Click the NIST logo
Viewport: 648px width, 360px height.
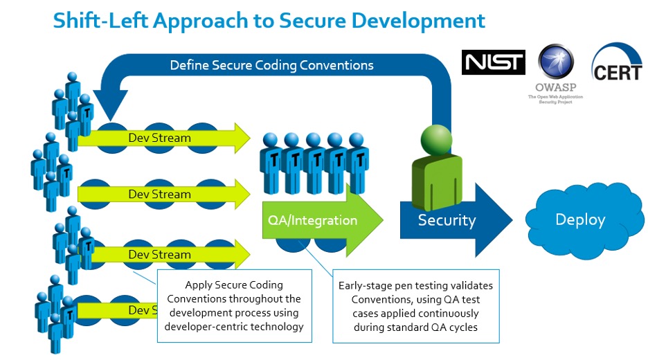click(493, 62)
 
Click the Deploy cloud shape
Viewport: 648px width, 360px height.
click(580, 219)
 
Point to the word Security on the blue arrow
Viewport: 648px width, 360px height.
click(447, 221)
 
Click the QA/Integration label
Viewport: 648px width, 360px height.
click(312, 221)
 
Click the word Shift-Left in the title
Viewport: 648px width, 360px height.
click(100, 20)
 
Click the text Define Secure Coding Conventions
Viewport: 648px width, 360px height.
click(272, 65)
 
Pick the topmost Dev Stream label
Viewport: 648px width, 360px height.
click(159, 137)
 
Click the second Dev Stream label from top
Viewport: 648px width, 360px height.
click(159, 194)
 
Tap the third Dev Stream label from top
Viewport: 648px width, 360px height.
click(159, 254)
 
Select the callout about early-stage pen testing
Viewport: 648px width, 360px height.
click(415, 305)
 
